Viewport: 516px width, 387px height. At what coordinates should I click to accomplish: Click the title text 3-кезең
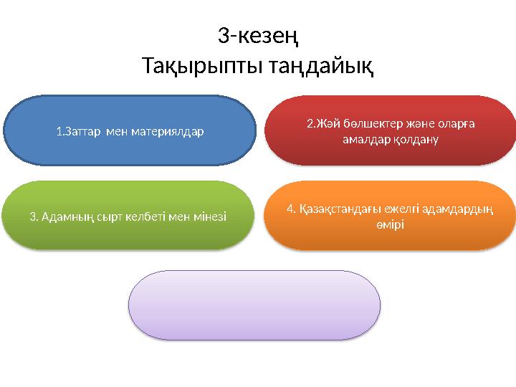(x=257, y=34)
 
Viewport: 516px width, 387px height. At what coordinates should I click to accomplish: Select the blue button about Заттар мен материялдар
(x=129, y=131)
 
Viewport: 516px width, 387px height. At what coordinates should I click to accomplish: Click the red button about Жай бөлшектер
(x=391, y=130)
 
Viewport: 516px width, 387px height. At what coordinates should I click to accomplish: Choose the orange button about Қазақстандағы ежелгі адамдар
(x=391, y=216)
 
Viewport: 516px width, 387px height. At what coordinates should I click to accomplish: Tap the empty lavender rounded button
(x=254, y=304)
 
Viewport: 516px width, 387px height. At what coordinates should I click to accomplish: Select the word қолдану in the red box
(x=415, y=139)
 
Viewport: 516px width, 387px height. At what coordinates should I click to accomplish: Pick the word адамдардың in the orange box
(x=464, y=209)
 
